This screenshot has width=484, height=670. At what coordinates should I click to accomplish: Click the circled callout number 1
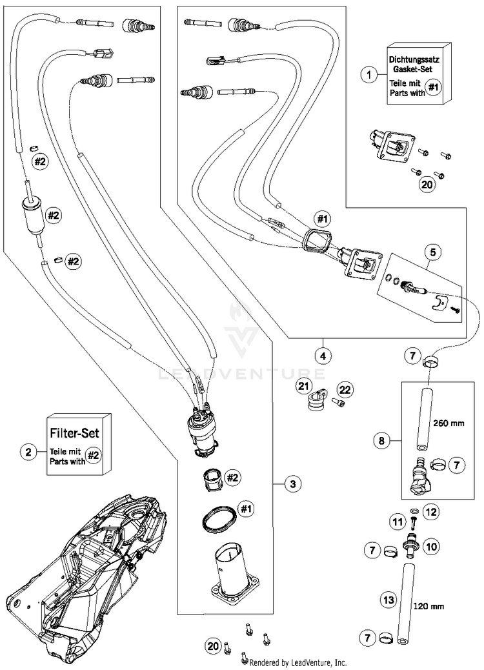pos(368,76)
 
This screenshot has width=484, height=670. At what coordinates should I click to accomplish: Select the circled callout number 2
pos(28,452)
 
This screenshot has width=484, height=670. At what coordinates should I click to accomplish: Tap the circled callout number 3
pos(292,484)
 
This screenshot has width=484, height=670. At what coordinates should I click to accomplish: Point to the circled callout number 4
pos(323,356)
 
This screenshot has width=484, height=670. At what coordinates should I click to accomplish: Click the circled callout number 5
pos(433,253)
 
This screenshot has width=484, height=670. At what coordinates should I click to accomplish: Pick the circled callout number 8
pos(381,441)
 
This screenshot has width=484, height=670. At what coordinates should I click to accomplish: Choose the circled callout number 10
pos(432,546)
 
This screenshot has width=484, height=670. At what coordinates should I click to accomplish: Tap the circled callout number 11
pos(398,522)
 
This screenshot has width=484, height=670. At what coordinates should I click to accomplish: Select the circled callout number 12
pos(431,512)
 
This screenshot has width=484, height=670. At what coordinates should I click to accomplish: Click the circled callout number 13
pos(389,600)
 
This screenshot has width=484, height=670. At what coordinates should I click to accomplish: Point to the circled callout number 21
pos(303,387)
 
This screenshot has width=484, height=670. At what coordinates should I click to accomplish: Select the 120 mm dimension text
pos(429,606)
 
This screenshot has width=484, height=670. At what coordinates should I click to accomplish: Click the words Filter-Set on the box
pos(75,433)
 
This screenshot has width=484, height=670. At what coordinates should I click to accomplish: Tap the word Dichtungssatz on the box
pos(414,61)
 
